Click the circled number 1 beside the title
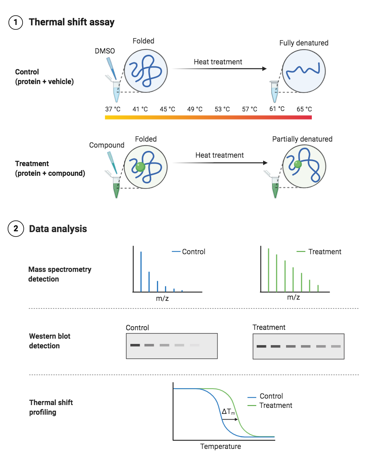pos(16,22)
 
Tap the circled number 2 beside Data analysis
pos(16,228)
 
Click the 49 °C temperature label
pos(195,109)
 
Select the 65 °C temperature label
pos(304,109)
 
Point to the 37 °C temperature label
pos(113,109)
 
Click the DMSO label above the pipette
pos(105,51)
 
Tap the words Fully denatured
pos(304,43)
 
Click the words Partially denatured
pos(302,139)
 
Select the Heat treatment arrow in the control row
pos(219,69)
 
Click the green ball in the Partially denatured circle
pos(298,164)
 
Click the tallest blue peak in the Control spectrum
pos(141,272)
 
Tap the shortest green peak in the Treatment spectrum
pos(318,288)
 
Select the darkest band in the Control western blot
pos(135,345)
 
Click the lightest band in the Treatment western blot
pos(336,346)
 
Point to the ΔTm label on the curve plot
pos(228,412)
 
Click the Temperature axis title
pos(220,446)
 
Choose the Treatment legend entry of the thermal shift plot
pos(270,405)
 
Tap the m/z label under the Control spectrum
pos(163,298)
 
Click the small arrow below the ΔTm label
pos(230,419)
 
